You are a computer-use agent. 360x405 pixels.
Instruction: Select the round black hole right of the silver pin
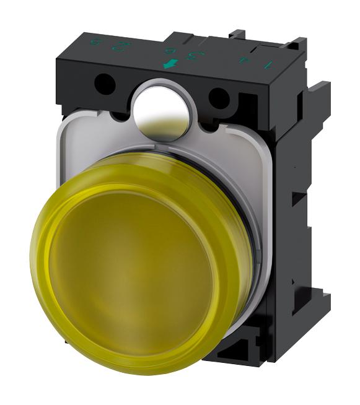[x=217, y=98]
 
